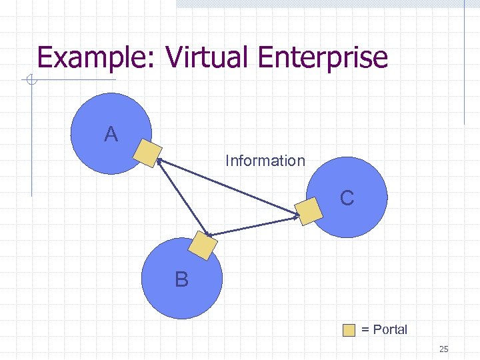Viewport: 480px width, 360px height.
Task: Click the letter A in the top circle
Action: point(111,135)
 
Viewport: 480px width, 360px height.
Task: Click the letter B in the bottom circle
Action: point(181,279)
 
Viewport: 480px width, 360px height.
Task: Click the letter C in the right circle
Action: point(347,198)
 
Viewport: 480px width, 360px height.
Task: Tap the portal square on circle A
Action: point(147,153)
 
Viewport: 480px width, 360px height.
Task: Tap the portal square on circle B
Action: point(203,245)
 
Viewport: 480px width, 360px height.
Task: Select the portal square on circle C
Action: point(309,211)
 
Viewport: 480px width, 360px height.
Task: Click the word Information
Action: point(265,161)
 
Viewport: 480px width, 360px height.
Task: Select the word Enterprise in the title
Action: point(322,57)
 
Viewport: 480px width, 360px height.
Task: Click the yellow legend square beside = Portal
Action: point(349,330)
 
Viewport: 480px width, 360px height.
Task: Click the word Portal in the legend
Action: point(390,329)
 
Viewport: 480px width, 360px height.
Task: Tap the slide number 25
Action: point(444,349)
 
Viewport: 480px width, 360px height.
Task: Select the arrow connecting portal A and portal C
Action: point(227,187)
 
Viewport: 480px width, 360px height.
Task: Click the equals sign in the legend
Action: point(365,330)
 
